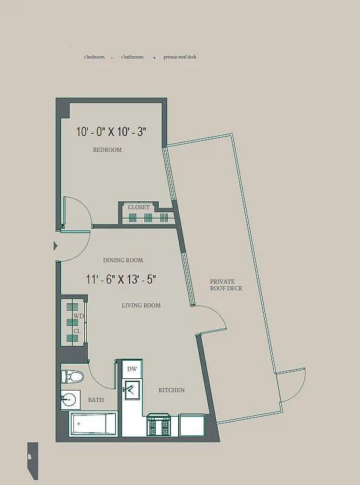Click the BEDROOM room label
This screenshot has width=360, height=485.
pos(107,150)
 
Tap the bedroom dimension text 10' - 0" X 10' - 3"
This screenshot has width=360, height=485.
pos(112,132)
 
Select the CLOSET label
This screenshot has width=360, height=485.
pos(138,207)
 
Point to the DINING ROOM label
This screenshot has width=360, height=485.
pos(123,260)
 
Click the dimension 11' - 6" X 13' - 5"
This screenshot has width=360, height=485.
pos(121,279)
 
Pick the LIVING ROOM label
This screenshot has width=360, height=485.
pos(141,306)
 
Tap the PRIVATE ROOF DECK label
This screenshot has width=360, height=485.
pos(226,285)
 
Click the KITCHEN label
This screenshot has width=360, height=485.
pos(172,390)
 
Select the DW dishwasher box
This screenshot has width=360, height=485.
pos(132,369)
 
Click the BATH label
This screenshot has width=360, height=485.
pos(96,400)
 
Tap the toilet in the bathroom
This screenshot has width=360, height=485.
pos(72,377)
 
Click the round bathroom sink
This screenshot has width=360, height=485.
pos(70,400)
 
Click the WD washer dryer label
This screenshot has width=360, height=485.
pos(78,316)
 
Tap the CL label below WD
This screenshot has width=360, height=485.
pos(77,331)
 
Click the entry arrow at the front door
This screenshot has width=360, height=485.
pos(56,246)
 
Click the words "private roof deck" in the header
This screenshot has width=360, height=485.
pos(180,57)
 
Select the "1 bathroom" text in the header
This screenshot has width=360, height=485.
pos(132,57)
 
